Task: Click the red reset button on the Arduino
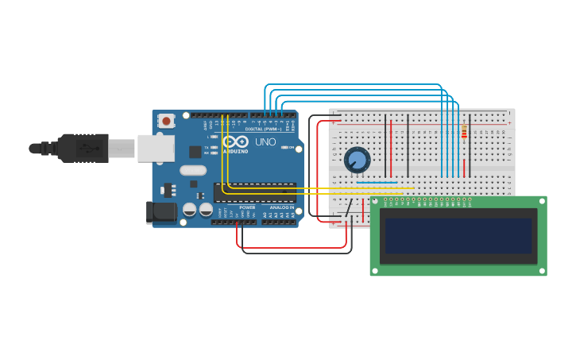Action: click(x=166, y=121)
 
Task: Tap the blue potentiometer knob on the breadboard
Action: click(x=358, y=160)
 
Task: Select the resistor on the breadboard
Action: click(x=464, y=132)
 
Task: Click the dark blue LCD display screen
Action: click(x=458, y=236)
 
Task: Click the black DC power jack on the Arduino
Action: click(x=161, y=212)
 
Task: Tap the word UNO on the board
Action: click(x=265, y=142)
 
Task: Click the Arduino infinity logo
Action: click(x=236, y=141)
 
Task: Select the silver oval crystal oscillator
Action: click(x=193, y=170)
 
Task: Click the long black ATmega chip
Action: click(x=254, y=192)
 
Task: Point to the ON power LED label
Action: click(x=292, y=148)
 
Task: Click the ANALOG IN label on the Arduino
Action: click(x=279, y=207)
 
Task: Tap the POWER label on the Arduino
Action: click(x=247, y=207)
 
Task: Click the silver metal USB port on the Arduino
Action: click(x=156, y=149)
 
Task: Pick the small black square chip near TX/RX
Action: click(x=195, y=151)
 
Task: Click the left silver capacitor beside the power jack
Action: click(x=190, y=210)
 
